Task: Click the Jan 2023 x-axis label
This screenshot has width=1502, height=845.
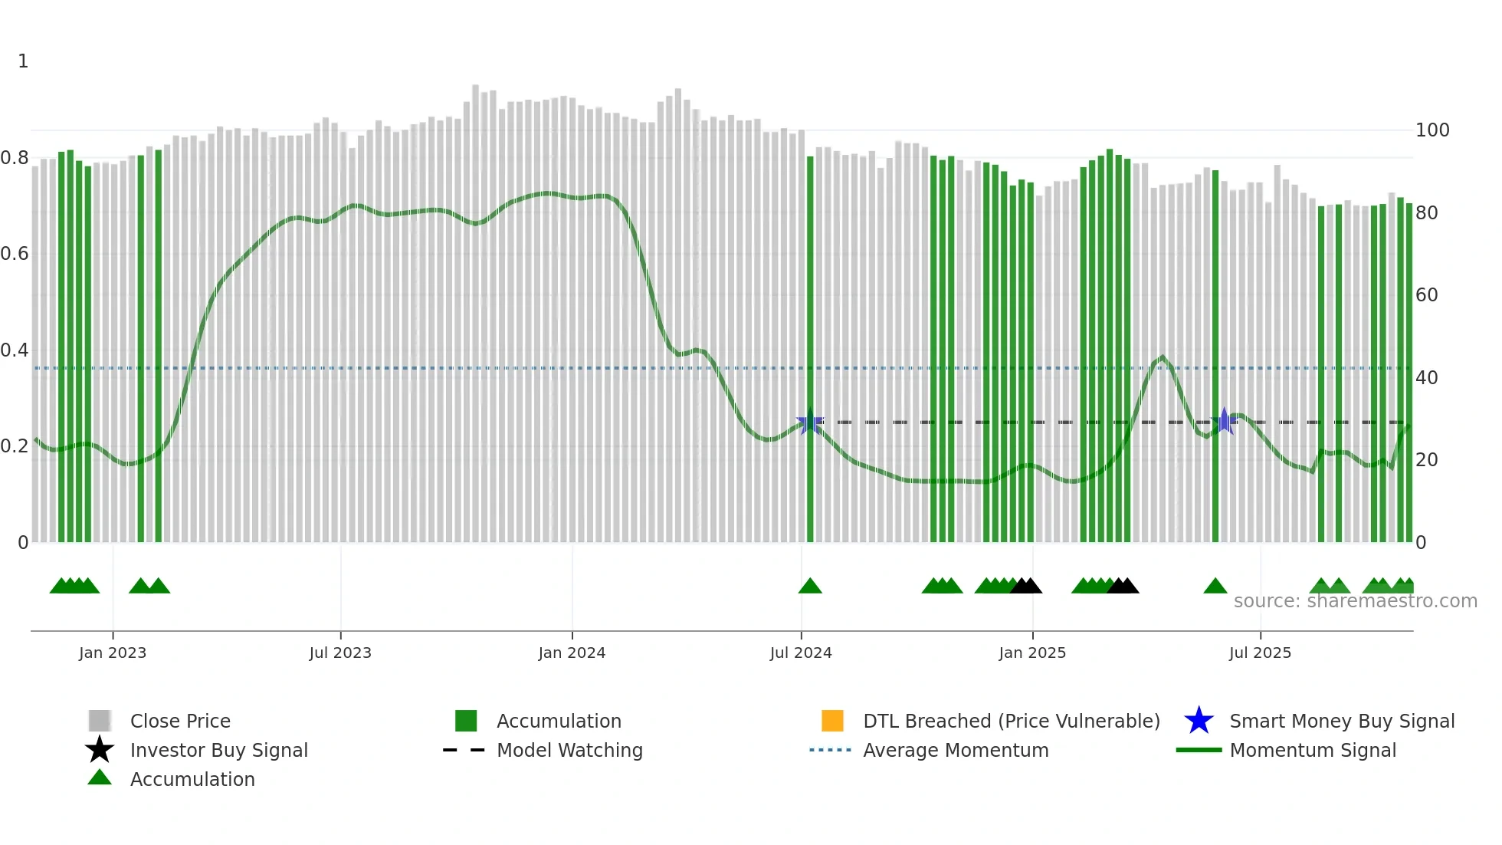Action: coord(113,653)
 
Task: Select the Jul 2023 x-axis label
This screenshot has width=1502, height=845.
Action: coord(340,653)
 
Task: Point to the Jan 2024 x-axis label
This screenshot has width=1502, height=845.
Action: coord(572,653)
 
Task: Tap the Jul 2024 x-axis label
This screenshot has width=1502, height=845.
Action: coord(801,653)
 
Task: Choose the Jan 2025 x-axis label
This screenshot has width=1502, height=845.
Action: coord(1032,653)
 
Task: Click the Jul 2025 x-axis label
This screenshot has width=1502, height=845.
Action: coord(1260,653)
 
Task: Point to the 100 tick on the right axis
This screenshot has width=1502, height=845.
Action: coord(1431,130)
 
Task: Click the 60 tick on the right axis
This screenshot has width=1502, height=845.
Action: coord(1426,295)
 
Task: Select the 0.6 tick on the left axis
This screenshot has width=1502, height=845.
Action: coord(15,254)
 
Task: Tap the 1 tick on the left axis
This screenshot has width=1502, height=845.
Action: coord(23,61)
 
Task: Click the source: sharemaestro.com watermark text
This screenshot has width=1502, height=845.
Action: coord(1355,601)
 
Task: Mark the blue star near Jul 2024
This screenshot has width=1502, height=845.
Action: coord(810,422)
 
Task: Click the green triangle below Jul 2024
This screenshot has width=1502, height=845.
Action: coord(810,587)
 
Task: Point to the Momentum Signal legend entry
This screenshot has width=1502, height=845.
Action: coord(1312,750)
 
